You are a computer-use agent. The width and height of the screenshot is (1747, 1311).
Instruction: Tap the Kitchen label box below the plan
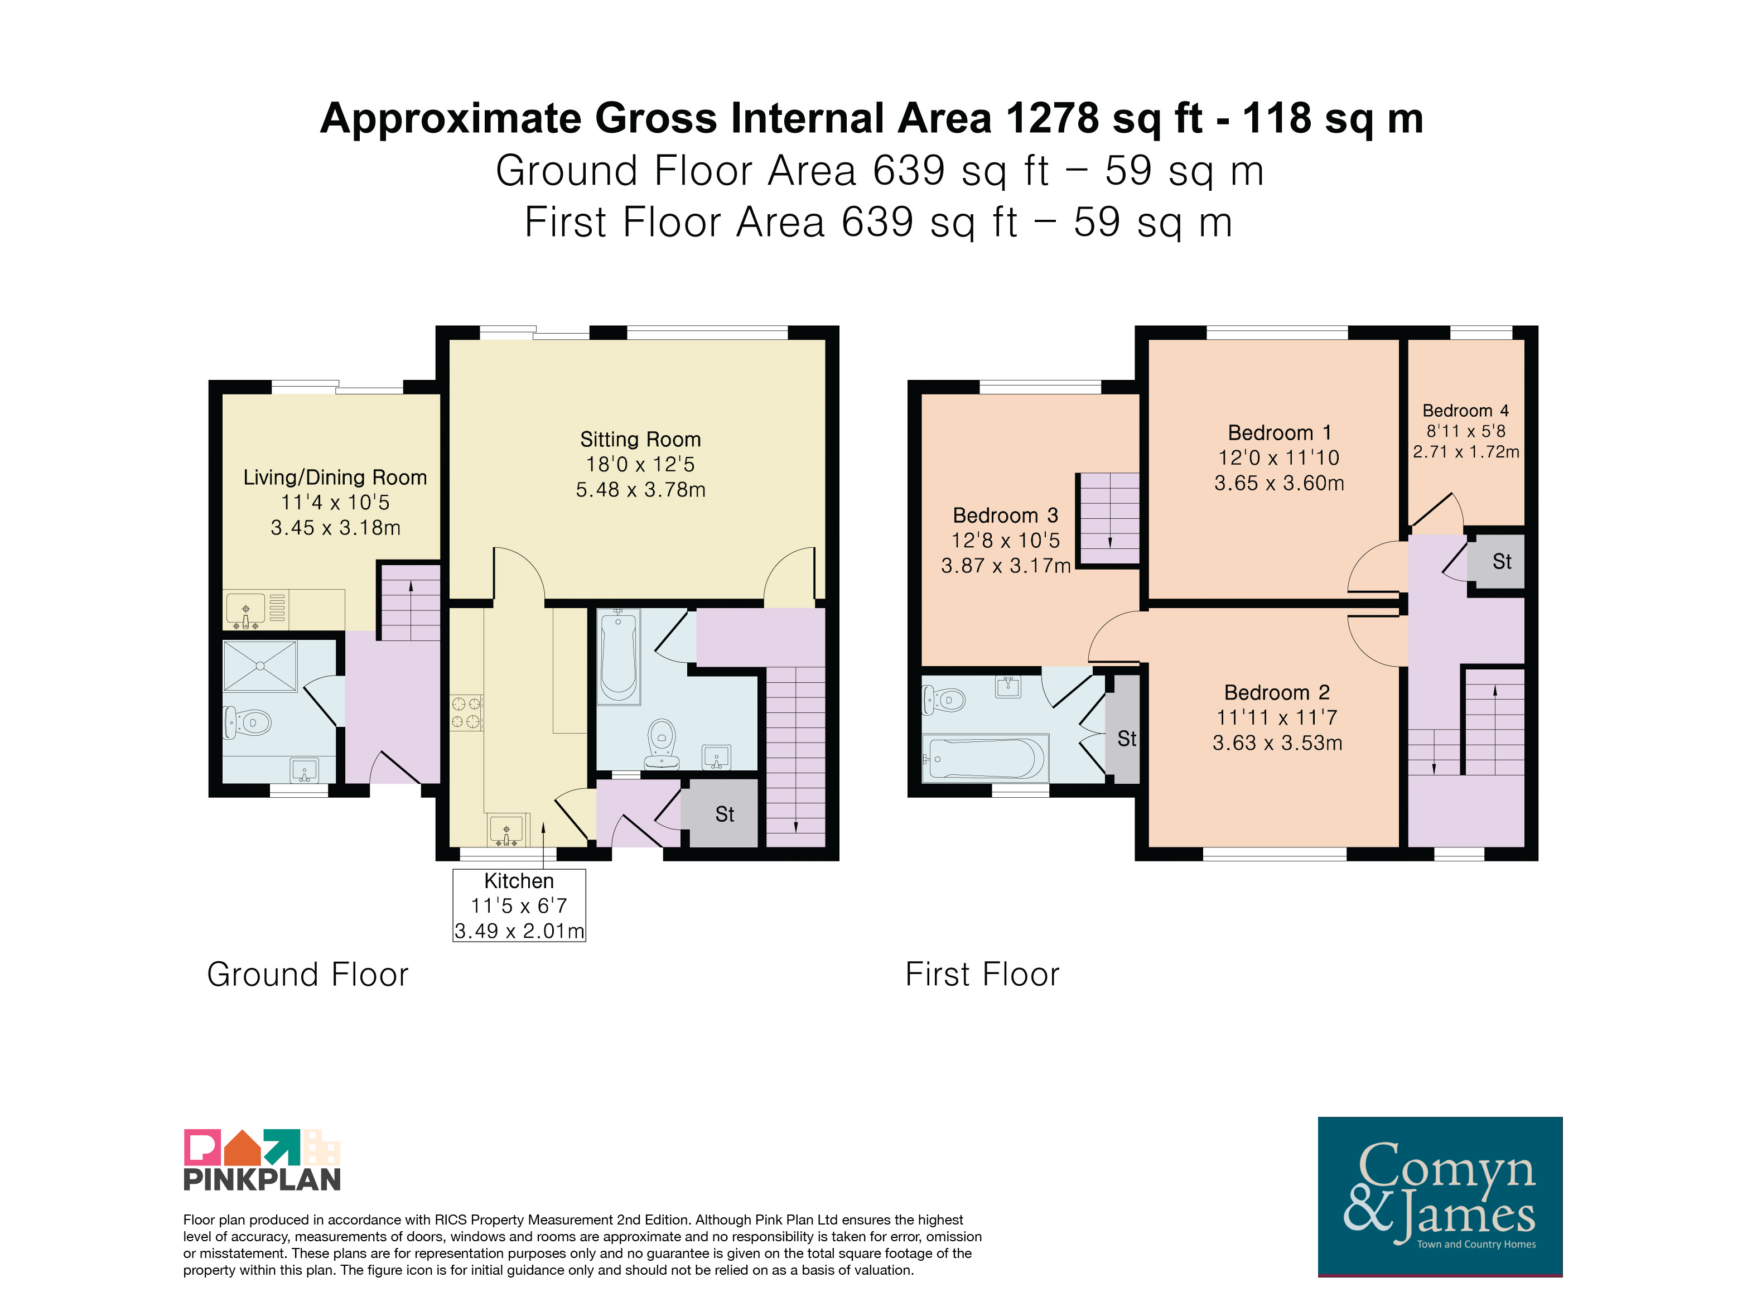pos(519,905)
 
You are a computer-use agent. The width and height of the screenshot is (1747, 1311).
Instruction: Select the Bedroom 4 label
pos(1465,411)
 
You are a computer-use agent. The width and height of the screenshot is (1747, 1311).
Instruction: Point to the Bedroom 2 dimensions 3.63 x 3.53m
pos(1277,743)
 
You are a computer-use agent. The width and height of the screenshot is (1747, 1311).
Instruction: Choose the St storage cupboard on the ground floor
pos(720,813)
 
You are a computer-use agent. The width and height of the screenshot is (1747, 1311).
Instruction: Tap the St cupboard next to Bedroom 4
pos(1496,562)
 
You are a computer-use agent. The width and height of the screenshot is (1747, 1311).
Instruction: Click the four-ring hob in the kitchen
pos(466,712)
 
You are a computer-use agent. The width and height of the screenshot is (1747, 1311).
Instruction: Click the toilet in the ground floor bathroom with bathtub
pos(662,744)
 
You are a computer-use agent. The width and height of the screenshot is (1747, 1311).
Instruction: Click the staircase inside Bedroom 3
pos(1109,519)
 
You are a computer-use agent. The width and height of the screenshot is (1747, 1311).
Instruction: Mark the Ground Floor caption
pos(308,975)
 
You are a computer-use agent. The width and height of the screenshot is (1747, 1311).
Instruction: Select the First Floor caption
pos(982,975)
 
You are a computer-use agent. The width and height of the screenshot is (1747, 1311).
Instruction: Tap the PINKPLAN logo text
pos(262,1179)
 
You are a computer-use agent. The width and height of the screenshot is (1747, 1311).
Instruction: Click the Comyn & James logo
pos(1440,1197)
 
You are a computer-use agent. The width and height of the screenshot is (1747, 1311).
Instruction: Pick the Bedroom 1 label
pos(1280,433)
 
